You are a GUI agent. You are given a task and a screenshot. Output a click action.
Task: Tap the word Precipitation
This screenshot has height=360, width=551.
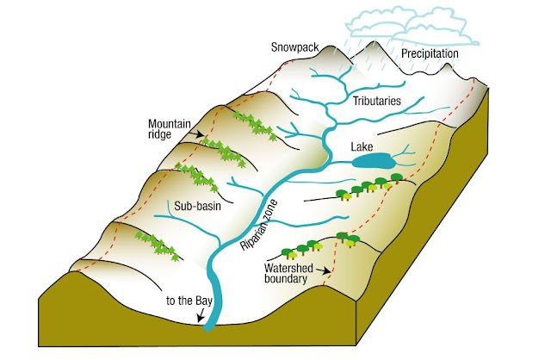430,53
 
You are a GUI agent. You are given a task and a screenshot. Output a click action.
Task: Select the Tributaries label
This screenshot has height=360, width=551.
379,101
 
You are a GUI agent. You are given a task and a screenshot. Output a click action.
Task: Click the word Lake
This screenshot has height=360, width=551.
362,147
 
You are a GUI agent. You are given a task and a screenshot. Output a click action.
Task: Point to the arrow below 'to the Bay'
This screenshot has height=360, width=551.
206,319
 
